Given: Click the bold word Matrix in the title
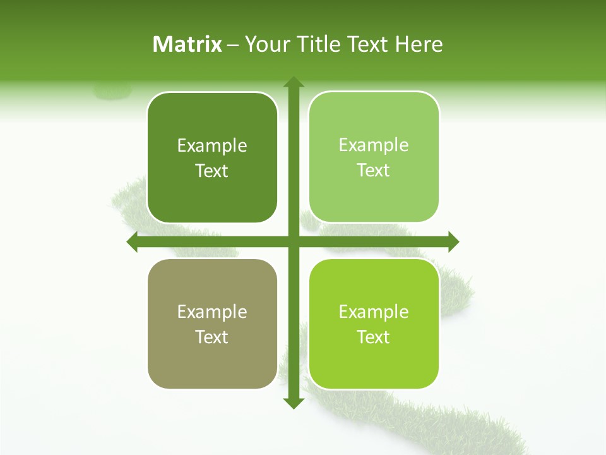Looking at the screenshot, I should [x=187, y=44].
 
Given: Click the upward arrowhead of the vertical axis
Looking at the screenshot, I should [x=293, y=82].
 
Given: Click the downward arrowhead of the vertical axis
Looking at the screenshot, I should [x=293, y=403].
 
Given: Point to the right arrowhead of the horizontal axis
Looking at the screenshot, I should [x=453, y=241].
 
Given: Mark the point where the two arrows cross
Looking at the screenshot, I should [x=293, y=241].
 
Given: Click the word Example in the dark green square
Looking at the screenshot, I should [x=212, y=146].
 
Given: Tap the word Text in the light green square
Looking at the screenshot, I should [x=374, y=171].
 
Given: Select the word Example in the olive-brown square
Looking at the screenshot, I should [x=212, y=312].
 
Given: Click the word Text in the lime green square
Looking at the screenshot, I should [x=374, y=337].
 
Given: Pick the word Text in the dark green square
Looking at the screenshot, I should [x=212, y=171].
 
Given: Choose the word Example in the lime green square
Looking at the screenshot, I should [x=374, y=312].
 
